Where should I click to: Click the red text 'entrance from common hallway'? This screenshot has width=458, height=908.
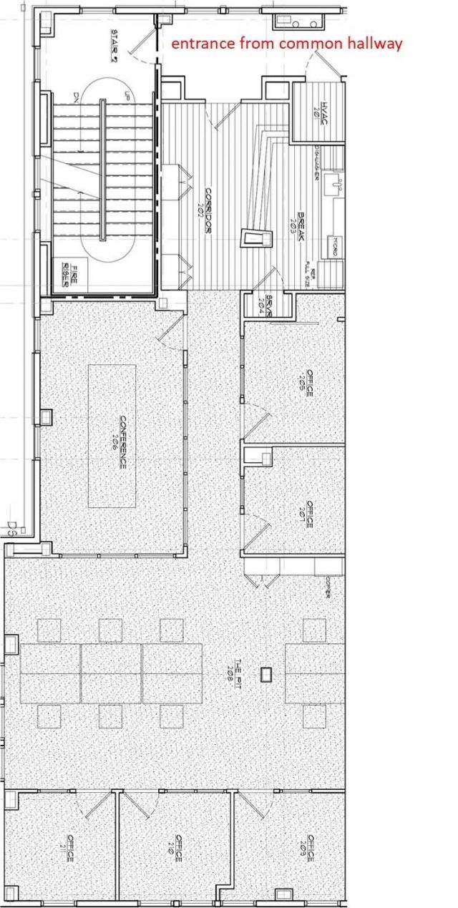[x=286, y=44]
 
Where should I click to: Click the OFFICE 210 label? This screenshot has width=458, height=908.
[x=176, y=848]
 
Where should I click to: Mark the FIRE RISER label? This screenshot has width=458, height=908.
[x=68, y=274]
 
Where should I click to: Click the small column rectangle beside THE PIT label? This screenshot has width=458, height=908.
[x=267, y=674]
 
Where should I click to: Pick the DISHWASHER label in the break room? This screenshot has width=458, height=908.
[x=318, y=162]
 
